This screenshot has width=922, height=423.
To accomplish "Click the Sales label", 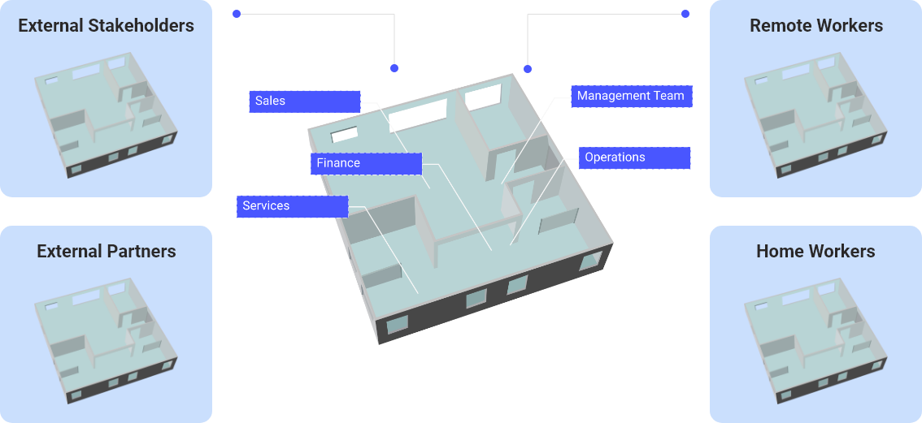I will coord(304,101).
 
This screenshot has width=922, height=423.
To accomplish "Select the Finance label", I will coord(366,163).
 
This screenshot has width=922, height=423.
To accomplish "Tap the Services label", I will coord(292,206).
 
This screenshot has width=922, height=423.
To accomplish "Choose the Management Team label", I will coord(630,96).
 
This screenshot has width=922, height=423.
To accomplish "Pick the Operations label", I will coord(634,158).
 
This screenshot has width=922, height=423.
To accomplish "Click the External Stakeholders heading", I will coord(106,26).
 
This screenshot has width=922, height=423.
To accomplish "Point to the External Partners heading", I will coord(106,251).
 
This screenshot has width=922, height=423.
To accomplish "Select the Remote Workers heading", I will coord(815,26).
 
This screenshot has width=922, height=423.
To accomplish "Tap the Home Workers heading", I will coord(815,251).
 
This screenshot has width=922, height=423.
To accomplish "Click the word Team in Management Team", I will coord(669,96).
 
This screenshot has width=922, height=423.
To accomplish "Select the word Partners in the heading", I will coord(141,251).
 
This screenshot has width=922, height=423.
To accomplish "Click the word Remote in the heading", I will coord(779,26).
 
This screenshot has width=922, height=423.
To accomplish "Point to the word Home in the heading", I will coord(778,251).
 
